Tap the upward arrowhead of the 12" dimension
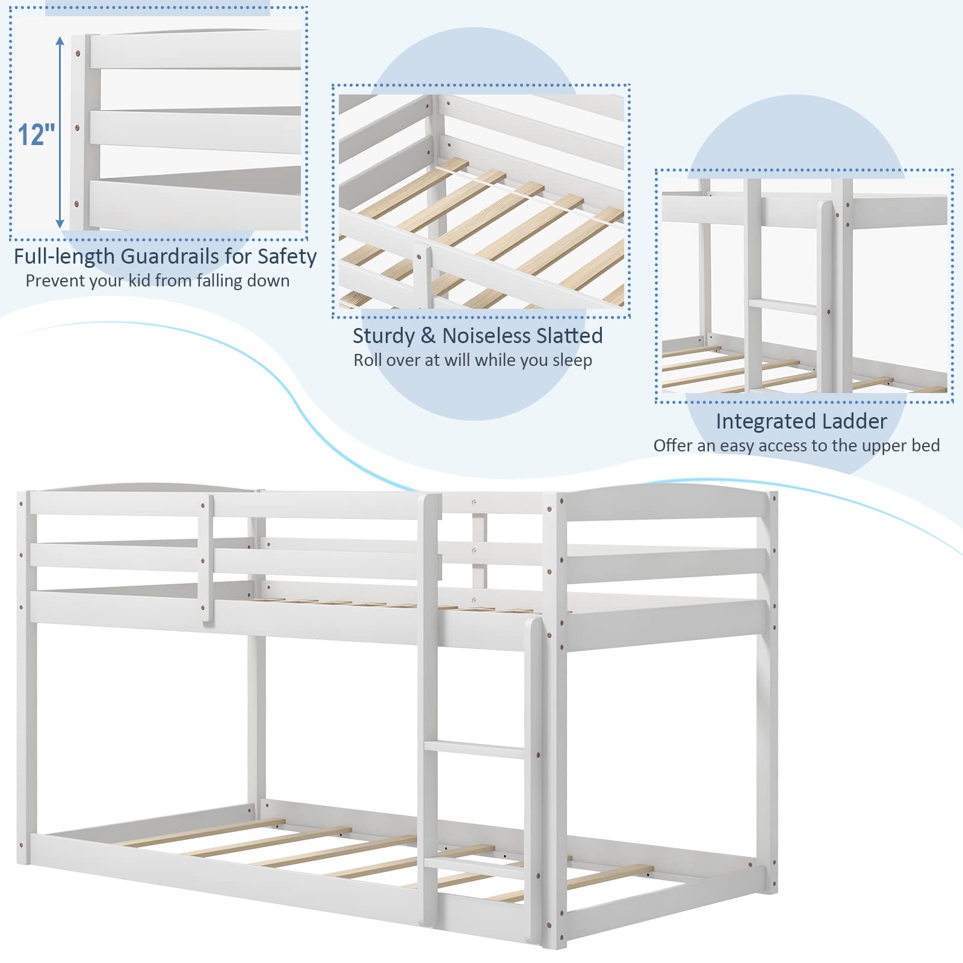pyautogui.click(x=60, y=41)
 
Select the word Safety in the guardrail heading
pyautogui.click(x=287, y=256)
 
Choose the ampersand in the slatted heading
pyautogui.click(x=428, y=336)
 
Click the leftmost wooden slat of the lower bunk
pyautogui.click(x=205, y=831)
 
